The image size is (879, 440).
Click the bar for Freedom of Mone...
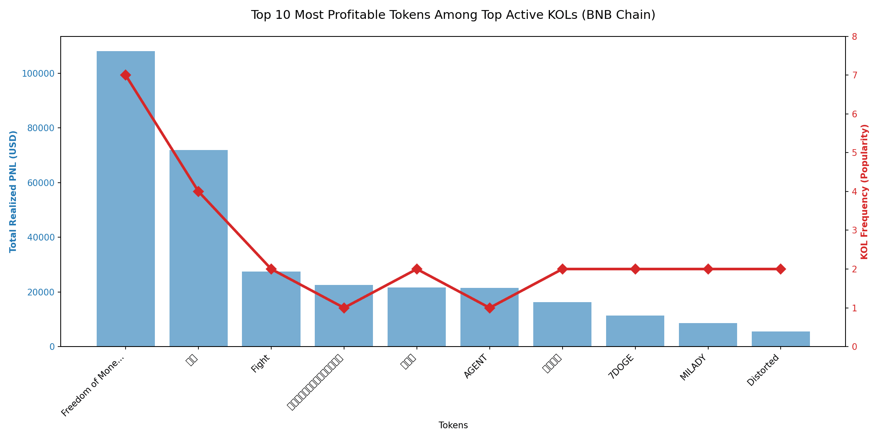coord(126,199)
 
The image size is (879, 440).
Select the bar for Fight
coord(271,309)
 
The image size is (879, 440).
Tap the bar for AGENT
coord(489,317)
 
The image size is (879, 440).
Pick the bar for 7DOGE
coord(635,331)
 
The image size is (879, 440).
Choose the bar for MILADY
coord(708,335)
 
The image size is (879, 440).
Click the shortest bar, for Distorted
coord(781,339)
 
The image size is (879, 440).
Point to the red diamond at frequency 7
coord(126,75)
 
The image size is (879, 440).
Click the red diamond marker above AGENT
coord(489,308)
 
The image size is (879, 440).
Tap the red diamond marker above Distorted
coord(781,269)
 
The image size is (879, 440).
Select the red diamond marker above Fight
coord(271,269)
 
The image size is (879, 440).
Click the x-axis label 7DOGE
coord(622,367)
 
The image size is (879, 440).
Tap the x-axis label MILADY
coord(694,368)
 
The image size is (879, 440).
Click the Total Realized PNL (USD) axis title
coord(13,192)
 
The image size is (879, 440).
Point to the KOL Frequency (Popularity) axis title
coord(865,192)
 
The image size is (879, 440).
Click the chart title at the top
coord(453,15)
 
